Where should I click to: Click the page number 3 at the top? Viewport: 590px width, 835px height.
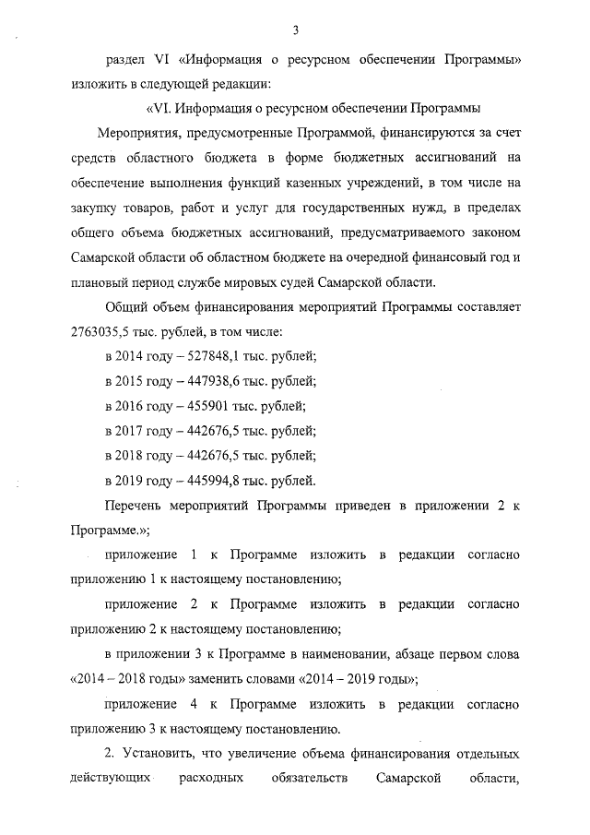pos(295,30)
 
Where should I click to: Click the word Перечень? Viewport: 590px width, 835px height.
pos(136,506)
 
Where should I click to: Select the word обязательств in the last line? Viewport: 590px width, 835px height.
pos(311,780)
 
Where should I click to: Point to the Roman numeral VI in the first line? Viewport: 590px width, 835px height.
pos(160,60)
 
